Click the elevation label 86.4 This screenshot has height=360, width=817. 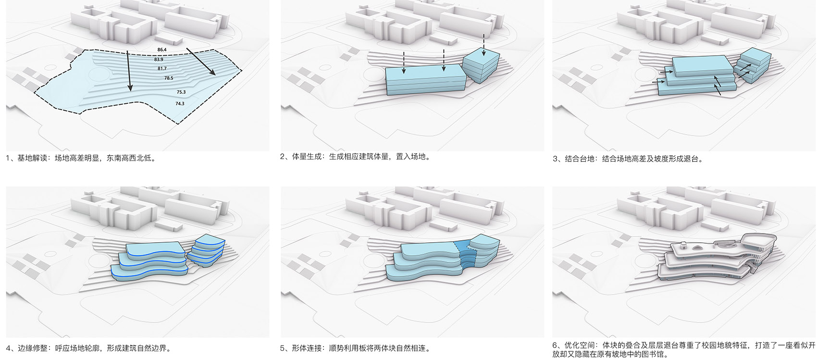point(162,50)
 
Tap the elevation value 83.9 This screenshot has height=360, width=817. point(159,60)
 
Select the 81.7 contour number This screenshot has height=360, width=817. point(162,69)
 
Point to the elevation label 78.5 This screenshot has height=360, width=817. point(169,78)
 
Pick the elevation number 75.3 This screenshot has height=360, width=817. point(181,92)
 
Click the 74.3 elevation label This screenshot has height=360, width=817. point(180,104)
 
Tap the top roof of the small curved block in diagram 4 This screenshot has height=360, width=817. point(210,240)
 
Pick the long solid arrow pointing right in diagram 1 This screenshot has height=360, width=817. point(201,62)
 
